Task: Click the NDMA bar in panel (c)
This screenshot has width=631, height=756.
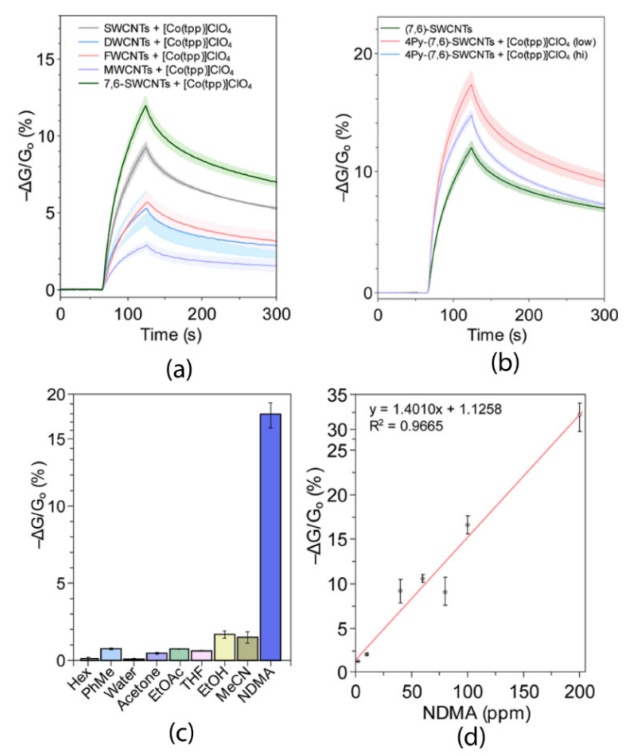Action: tap(270, 533)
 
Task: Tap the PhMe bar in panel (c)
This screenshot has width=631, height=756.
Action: tap(111, 654)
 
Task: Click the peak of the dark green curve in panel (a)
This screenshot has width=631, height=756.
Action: tap(146, 106)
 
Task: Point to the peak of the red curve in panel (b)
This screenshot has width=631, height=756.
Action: tap(471, 85)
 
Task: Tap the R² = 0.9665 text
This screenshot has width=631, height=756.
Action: tap(406, 426)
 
